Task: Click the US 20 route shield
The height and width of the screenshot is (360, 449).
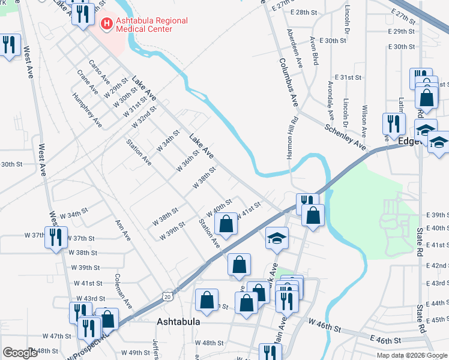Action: [x=167, y=296]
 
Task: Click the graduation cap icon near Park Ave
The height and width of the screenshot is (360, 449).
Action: [x=277, y=238]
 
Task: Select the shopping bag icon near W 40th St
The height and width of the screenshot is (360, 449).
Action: [x=225, y=224]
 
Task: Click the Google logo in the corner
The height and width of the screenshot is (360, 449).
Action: [x=20, y=352]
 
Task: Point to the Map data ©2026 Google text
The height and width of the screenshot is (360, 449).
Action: [x=412, y=355]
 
